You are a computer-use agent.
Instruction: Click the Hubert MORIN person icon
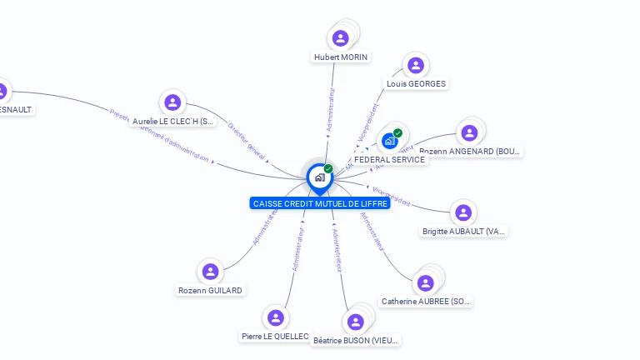(340, 38)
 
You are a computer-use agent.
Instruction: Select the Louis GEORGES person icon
(415, 65)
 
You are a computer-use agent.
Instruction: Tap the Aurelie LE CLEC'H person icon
(172, 102)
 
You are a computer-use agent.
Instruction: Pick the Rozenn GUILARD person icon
(210, 272)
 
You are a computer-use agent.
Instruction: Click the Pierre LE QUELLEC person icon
(274, 317)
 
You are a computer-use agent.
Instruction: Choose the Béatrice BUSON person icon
(356, 322)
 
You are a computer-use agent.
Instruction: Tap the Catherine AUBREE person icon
(426, 283)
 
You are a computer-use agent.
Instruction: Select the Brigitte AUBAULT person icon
(463, 212)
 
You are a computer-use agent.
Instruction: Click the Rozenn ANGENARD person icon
(469, 132)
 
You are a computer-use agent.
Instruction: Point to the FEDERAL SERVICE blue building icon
(388, 142)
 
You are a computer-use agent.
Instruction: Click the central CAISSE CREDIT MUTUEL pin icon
(319, 177)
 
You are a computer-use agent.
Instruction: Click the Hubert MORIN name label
(341, 57)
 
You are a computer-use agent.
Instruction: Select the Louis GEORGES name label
(416, 84)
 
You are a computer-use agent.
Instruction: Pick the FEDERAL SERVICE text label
(389, 159)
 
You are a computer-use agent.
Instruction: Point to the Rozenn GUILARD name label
(210, 291)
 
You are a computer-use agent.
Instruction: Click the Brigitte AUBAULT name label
(464, 232)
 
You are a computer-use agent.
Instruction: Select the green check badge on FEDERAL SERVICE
(397, 133)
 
